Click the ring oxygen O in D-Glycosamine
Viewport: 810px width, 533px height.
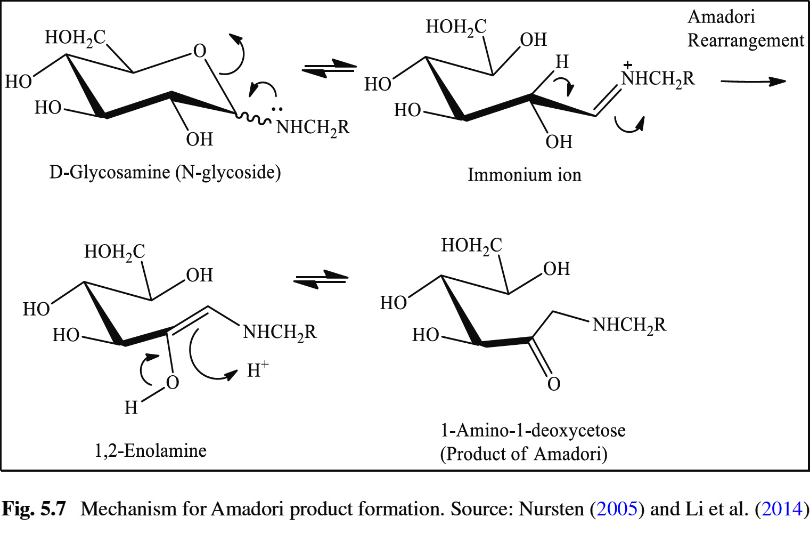(200, 51)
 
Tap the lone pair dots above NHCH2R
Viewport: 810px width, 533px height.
(277, 110)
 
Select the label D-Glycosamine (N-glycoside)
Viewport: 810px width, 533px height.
(165, 173)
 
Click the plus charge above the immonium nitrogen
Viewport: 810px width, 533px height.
(628, 65)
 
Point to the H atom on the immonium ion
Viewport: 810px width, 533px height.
(562, 62)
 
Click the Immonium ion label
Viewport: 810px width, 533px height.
(524, 175)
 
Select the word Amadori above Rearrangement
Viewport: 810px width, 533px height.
(721, 17)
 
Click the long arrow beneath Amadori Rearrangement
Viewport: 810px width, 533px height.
(753, 82)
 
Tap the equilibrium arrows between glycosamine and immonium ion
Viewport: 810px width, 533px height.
(329, 69)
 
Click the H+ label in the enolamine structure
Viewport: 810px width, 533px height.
(258, 369)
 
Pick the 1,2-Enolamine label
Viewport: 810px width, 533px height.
(150, 451)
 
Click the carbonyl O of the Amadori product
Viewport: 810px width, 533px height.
(554, 384)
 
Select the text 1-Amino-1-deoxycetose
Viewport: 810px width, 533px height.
(533, 430)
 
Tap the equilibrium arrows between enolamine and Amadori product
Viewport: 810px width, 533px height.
(321, 279)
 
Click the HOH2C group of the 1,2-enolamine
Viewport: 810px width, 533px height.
(114, 252)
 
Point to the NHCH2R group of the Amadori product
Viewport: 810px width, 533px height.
(629, 325)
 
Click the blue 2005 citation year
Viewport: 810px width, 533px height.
(617, 509)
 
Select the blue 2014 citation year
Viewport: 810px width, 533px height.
(782, 509)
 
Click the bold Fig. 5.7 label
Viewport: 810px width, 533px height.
(34, 509)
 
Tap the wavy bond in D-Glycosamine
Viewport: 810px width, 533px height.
(253, 118)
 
